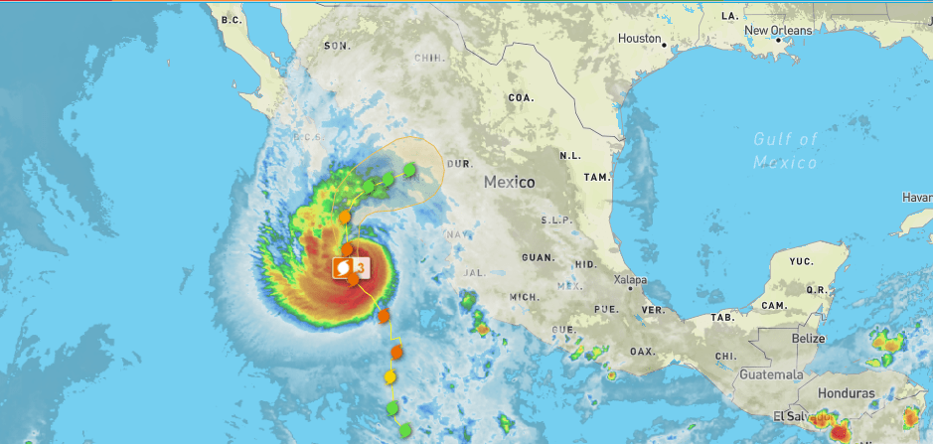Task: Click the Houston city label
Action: point(639,39)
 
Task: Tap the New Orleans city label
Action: point(778,31)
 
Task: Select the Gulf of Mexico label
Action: point(785,150)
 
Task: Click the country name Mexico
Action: point(510,183)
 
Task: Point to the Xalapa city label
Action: point(631,280)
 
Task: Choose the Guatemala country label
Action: point(771,374)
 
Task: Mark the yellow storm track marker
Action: point(390,378)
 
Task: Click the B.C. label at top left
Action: point(232,20)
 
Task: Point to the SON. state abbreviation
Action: point(337,46)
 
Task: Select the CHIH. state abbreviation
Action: point(429,59)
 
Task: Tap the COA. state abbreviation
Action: point(521,98)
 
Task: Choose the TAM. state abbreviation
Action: point(596,177)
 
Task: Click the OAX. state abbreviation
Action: point(643,352)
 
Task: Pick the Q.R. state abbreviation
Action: point(818,290)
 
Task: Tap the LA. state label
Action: point(730,17)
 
